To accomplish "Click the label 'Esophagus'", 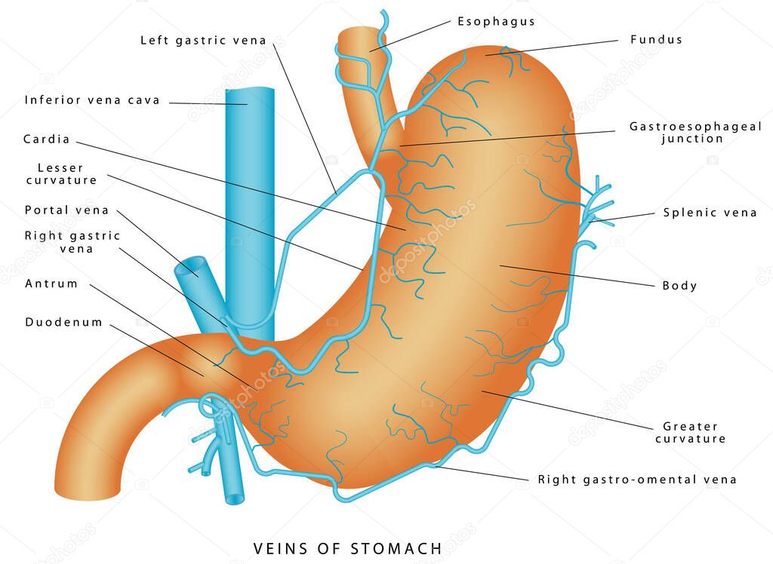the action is [496, 22].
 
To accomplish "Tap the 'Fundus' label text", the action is [656, 39].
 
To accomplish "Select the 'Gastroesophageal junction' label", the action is [695, 133].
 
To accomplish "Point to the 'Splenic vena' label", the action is [710, 213].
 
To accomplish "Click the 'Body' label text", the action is [679, 286].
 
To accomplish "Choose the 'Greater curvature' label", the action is [690, 433].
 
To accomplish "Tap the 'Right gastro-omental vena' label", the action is [637, 480].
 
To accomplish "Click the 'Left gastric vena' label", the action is [203, 41].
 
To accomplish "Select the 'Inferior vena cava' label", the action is [92, 100].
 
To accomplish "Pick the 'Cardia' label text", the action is [46, 139].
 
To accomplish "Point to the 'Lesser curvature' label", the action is [61, 174].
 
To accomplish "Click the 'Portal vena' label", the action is [66, 210].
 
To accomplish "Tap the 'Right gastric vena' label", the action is [72, 242].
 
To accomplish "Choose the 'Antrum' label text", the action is [51, 284].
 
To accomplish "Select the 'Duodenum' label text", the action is [63, 322].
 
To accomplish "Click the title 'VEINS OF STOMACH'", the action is [347, 548].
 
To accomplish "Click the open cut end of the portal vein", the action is [192, 265].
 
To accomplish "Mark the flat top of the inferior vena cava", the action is [250, 90].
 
